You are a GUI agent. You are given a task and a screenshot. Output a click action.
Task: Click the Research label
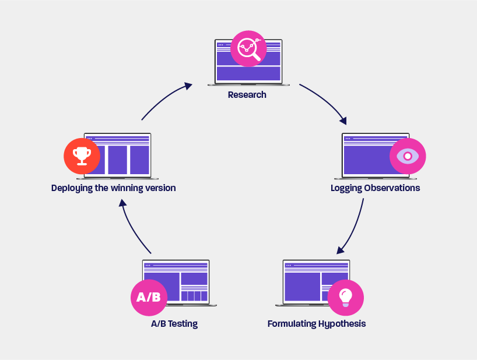click(247, 95)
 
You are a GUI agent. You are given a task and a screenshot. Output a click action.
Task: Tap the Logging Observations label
click(375, 188)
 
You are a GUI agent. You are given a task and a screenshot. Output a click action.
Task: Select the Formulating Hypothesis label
click(317, 323)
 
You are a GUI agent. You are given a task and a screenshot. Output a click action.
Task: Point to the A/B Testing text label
click(174, 324)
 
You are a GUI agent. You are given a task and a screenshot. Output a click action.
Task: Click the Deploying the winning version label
click(113, 188)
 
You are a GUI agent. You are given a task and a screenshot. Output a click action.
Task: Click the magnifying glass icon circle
click(248, 49)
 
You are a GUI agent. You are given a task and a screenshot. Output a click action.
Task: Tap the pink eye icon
click(408, 156)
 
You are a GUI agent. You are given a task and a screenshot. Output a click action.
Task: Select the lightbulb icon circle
click(345, 297)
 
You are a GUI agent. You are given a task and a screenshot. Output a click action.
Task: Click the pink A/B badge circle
click(149, 297)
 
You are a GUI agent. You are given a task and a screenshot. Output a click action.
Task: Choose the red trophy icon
click(82, 156)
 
